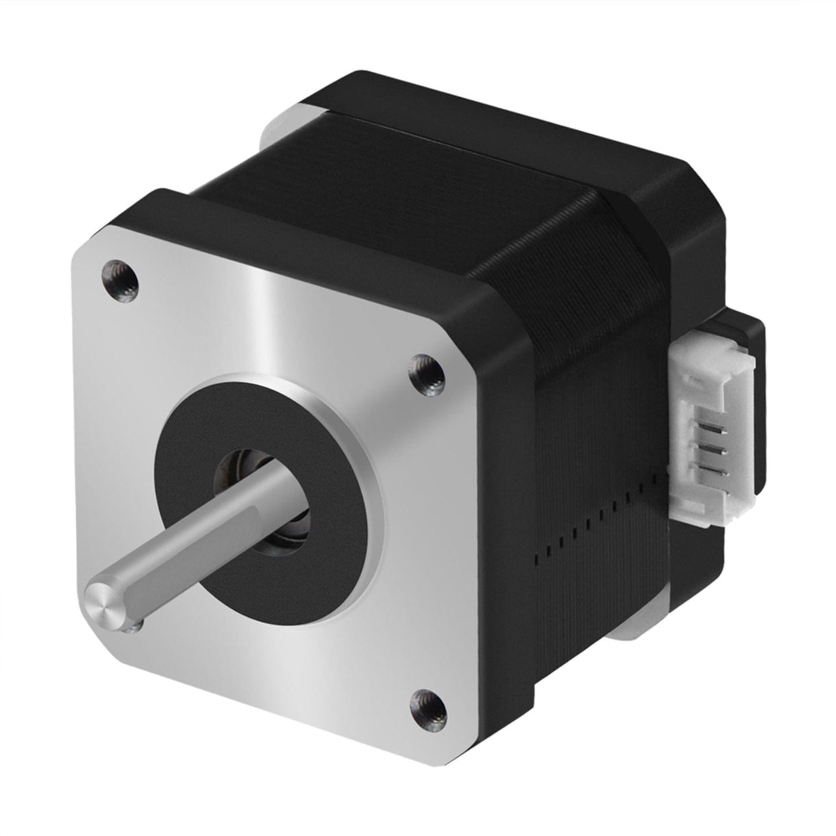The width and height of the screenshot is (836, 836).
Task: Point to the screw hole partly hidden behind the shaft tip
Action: (134, 625)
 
